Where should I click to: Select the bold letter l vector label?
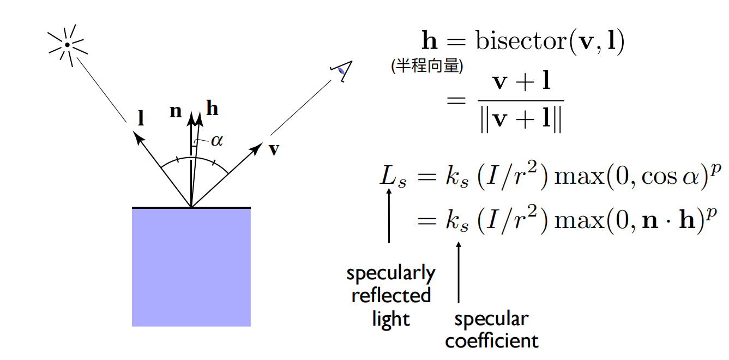point(141,118)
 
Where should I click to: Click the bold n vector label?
point(176,111)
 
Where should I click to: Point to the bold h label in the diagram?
point(212,109)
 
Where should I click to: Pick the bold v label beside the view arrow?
point(274,149)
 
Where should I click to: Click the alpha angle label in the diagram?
point(216,141)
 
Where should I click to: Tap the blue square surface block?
point(191,267)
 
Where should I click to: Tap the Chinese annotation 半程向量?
point(427,67)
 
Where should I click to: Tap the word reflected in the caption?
point(391,296)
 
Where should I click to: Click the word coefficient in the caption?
point(492,341)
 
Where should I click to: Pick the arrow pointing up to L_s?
point(389,215)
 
